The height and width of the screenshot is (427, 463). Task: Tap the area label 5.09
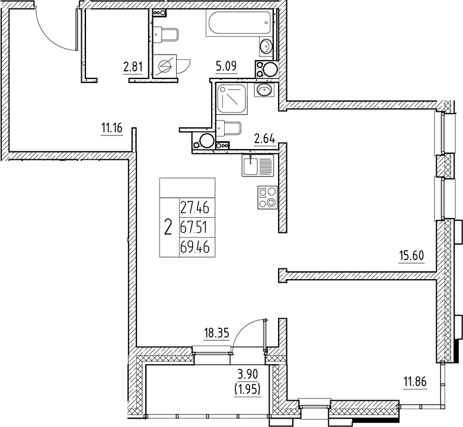pyautogui.click(x=226, y=67)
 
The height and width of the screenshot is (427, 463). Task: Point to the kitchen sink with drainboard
pyautogui.click(x=257, y=165)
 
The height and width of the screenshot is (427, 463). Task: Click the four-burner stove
pyautogui.click(x=266, y=197)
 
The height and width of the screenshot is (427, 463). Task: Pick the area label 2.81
pyautogui.click(x=133, y=67)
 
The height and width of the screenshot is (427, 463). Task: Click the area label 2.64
pyautogui.click(x=264, y=140)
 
